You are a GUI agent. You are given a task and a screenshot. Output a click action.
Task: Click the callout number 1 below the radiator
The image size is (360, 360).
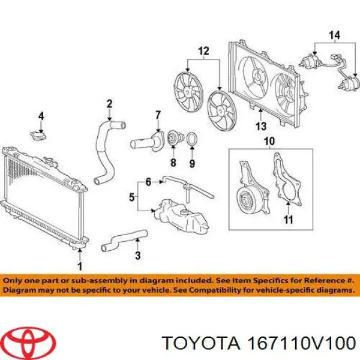coord(80,266)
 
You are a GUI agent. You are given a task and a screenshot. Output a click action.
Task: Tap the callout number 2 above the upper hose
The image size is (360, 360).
coord(109,104)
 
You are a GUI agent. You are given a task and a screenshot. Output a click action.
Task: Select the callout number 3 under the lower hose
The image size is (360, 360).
coord(137,255)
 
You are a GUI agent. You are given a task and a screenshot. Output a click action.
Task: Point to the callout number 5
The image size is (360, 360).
coord(131,197)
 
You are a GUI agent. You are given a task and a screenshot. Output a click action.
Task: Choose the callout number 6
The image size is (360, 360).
coord(148,182)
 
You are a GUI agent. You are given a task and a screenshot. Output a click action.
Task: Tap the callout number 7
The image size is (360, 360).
coord(158,115)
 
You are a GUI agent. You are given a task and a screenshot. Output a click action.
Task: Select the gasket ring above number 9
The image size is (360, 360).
coord(192,139)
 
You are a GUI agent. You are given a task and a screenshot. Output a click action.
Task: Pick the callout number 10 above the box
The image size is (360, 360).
coord(269,142)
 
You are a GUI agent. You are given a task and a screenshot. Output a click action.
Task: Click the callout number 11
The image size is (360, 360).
coord(288,220)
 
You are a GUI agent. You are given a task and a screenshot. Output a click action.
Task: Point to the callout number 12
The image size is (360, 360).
coord(203,51)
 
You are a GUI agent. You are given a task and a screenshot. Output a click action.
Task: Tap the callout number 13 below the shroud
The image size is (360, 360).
coord(261,126)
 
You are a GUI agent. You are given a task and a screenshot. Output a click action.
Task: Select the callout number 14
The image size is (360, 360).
coord(334,35)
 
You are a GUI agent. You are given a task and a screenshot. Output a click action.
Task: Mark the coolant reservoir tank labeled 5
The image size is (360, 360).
coord(181,215)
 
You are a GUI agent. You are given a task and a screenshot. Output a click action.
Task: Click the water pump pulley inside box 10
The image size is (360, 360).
coord(245,200)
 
